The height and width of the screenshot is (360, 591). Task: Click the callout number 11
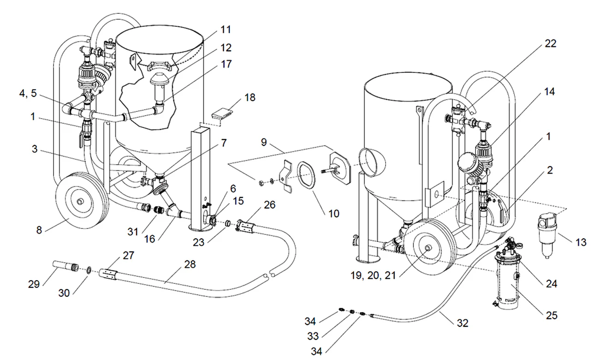point(226,30)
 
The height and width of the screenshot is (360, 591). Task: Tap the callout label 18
point(250,97)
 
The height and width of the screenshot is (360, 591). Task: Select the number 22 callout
point(550,44)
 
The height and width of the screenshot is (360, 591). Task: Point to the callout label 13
point(580,242)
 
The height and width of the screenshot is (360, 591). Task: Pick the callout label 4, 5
point(28,93)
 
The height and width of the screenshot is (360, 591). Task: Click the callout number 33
point(313,336)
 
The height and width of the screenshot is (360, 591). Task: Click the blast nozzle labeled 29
point(66,266)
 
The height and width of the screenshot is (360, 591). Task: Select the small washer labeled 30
point(89,270)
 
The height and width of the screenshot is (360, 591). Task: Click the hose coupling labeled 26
point(246,227)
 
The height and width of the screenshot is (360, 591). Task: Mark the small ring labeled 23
point(228,224)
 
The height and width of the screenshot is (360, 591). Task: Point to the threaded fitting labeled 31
point(159,210)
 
